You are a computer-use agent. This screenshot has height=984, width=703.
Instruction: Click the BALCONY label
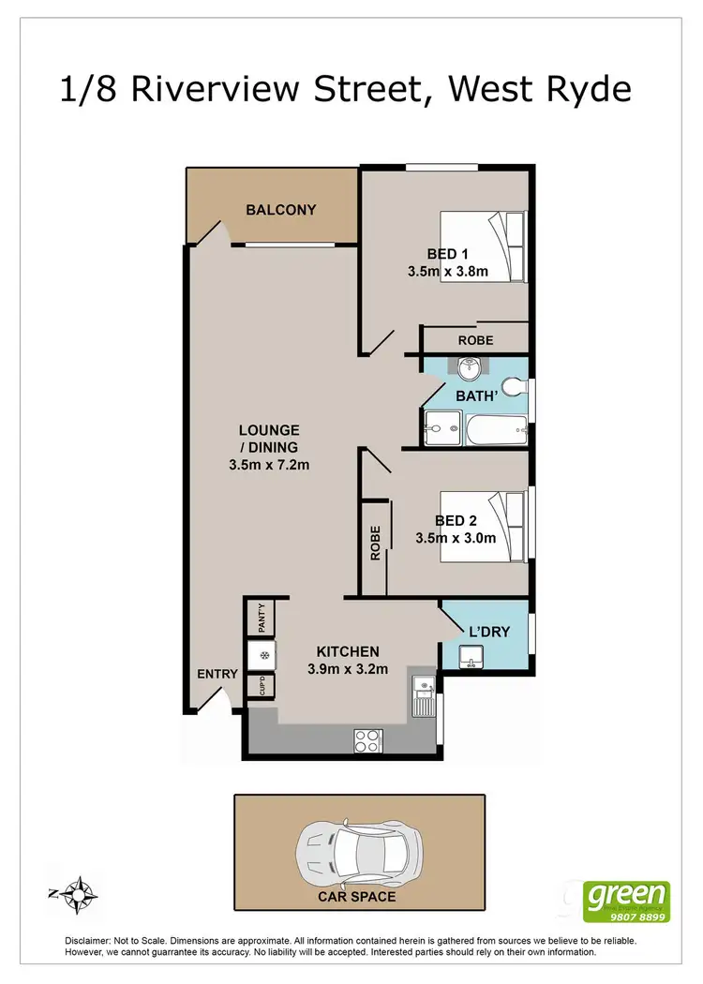[x=281, y=210]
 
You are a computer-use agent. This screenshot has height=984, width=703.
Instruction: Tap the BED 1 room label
[x=448, y=254]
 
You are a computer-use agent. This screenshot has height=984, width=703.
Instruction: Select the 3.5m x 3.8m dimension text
[x=448, y=272]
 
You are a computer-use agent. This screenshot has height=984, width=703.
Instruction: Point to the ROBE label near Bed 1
[x=475, y=340]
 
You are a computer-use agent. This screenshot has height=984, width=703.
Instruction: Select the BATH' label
[x=475, y=397]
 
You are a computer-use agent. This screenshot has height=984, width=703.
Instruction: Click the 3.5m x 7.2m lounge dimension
[x=269, y=465]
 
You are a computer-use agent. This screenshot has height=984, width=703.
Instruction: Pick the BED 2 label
[x=456, y=521]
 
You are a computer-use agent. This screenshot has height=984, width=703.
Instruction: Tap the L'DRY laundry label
[x=489, y=632]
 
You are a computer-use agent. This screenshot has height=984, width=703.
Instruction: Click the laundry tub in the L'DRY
[x=473, y=658]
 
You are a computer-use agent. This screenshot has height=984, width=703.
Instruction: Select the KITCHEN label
[x=348, y=651]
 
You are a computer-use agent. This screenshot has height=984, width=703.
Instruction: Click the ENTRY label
[x=217, y=674]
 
